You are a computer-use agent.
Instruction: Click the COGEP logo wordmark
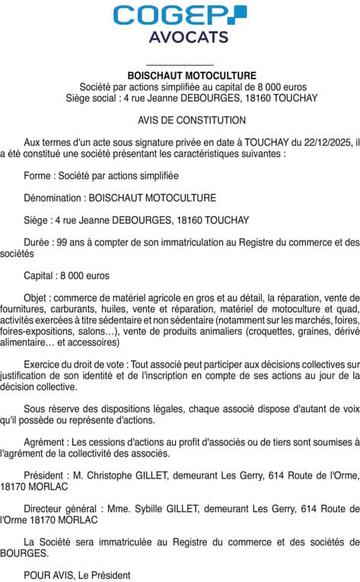pos(180,15)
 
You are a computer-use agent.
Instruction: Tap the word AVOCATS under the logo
pos(180,37)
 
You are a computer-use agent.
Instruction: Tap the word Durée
pos(37,243)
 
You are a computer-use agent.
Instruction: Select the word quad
pos(349,310)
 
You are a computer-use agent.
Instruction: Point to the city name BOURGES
pos(21,554)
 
